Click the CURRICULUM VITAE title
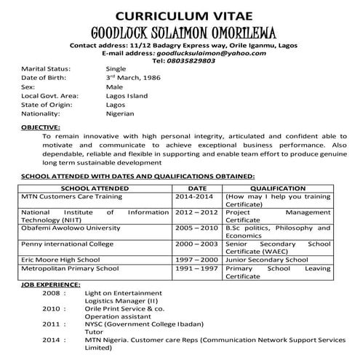(180, 15)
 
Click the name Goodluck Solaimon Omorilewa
(180, 33)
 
